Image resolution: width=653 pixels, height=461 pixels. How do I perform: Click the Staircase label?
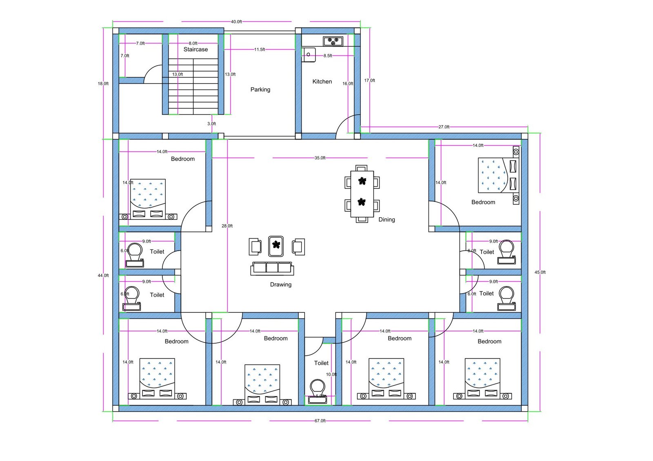click(x=195, y=49)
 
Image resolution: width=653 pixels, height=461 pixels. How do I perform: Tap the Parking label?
click(x=260, y=89)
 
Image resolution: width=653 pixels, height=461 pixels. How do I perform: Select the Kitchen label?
click(x=322, y=82)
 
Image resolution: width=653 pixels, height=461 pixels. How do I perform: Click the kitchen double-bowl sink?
click(x=333, y=41)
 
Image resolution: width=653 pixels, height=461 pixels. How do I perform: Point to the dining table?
click(x=362, y=194)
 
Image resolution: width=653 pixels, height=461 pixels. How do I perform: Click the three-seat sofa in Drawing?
click(x=272, y=268)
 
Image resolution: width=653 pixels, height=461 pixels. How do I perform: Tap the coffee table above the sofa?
click(x=276, y=246)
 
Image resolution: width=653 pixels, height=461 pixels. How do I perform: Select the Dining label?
click(x=386, y=219)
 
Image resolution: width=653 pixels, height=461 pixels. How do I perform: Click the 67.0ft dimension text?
click(x=320, y=421)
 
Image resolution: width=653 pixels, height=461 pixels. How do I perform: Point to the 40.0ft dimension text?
click(x=236, y=22)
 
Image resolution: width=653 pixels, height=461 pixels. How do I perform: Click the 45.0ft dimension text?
click(x=540, y=272)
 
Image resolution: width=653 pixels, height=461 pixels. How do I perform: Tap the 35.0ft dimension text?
click(x=320, y=158)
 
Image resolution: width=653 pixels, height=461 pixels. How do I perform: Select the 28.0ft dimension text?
click(x=227, y=226)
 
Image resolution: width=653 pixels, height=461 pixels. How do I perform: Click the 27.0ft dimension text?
click(x=444, y=127)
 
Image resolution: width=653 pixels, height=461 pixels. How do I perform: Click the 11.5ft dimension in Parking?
click(x=260, y=49)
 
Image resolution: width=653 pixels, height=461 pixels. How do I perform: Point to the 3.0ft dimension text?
click(x=211, y=124)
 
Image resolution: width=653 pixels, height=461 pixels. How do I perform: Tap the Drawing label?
click(x=281, y=285)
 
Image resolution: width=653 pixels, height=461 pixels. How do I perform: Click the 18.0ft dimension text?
click(x=103, y=84)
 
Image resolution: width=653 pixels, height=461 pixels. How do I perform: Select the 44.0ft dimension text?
click(x=103, y=276)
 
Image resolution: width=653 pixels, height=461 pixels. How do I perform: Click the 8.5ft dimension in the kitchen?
click(x=328, y=55)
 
